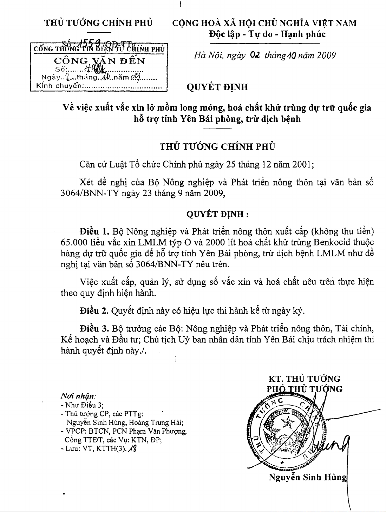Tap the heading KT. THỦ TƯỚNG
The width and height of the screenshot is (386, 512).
pyautogui.click(x=304, y=379)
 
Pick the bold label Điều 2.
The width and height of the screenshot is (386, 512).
pyautogui.click(x=94, y=311)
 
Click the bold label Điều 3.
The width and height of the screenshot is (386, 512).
pyautogui.click(x=94, y=329)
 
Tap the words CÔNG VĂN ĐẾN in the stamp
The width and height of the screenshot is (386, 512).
pyautogui.click(x=99, y=61)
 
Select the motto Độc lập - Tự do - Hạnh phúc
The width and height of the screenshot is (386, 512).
pyautogui.click(x=267, y=34)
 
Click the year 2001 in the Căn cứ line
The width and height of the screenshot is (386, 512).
pyautogui.click(x=301, y=164)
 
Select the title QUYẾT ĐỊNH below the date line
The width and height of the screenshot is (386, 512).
pyautogui.click(x=217, y=87)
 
